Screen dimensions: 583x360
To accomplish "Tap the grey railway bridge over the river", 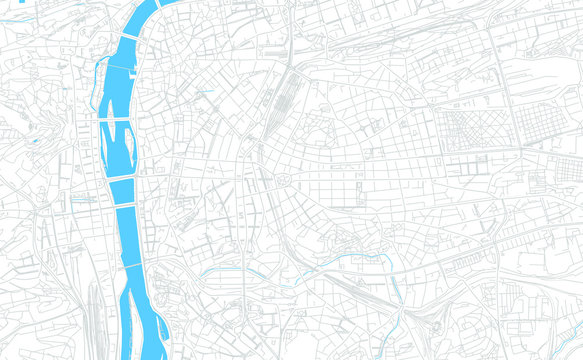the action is point(131,267).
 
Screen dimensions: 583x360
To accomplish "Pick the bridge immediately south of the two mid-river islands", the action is point(119,178).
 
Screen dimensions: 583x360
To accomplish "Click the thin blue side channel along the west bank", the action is point(97,80).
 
